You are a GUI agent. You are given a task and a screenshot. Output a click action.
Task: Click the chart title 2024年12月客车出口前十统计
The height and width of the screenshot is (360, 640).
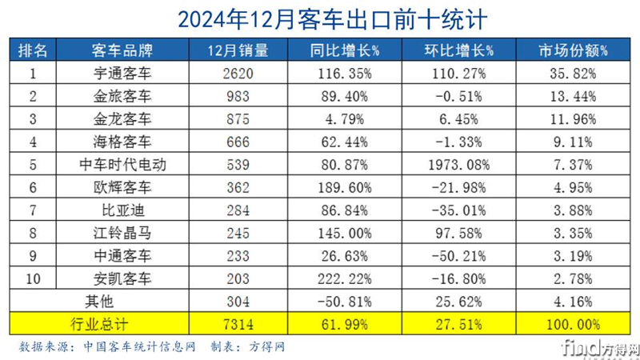(x=320, y=17)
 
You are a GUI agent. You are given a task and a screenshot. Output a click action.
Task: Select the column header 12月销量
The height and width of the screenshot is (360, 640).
(x=237, y=50)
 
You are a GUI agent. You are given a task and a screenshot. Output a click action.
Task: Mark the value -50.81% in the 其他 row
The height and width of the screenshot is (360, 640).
(x=346, y=301)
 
